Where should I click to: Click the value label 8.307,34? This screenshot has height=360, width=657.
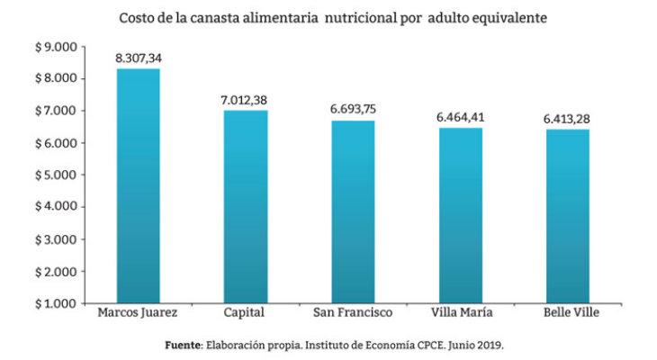tap(138, 58)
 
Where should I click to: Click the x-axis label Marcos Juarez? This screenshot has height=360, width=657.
tap(138, 314)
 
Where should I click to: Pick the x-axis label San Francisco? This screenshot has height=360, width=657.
tap(353, 314)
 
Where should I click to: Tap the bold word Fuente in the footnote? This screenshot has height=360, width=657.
tap(183, 345)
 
